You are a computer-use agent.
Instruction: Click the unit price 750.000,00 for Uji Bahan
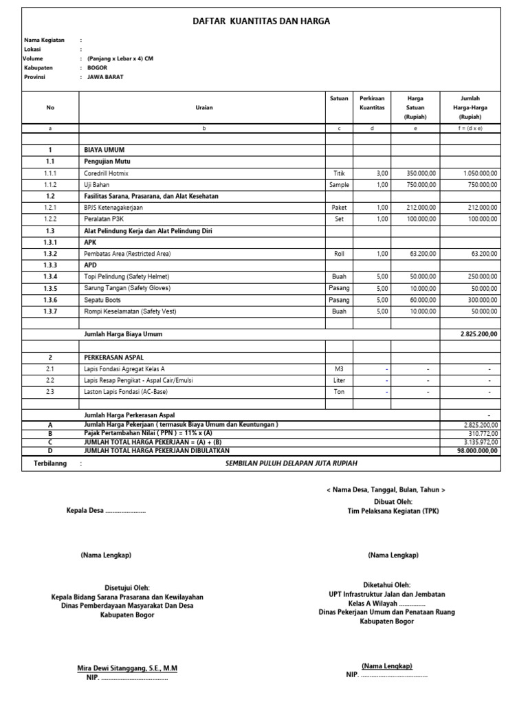click(x=421, y=185)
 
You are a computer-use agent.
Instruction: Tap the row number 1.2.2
click(x=50, y=218)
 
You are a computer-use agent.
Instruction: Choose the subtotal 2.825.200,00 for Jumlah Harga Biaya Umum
click(x=478, y=333)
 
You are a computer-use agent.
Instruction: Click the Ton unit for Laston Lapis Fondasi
click(x=339, y=391)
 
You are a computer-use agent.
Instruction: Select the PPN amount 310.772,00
click(x=482, y=434)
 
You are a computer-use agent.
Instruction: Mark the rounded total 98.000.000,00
click(x=479, y=450)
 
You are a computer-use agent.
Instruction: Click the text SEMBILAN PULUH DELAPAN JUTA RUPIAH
click(x=292, y=464)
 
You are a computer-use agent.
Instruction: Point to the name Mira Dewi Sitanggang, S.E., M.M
click(x=126, y=668)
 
